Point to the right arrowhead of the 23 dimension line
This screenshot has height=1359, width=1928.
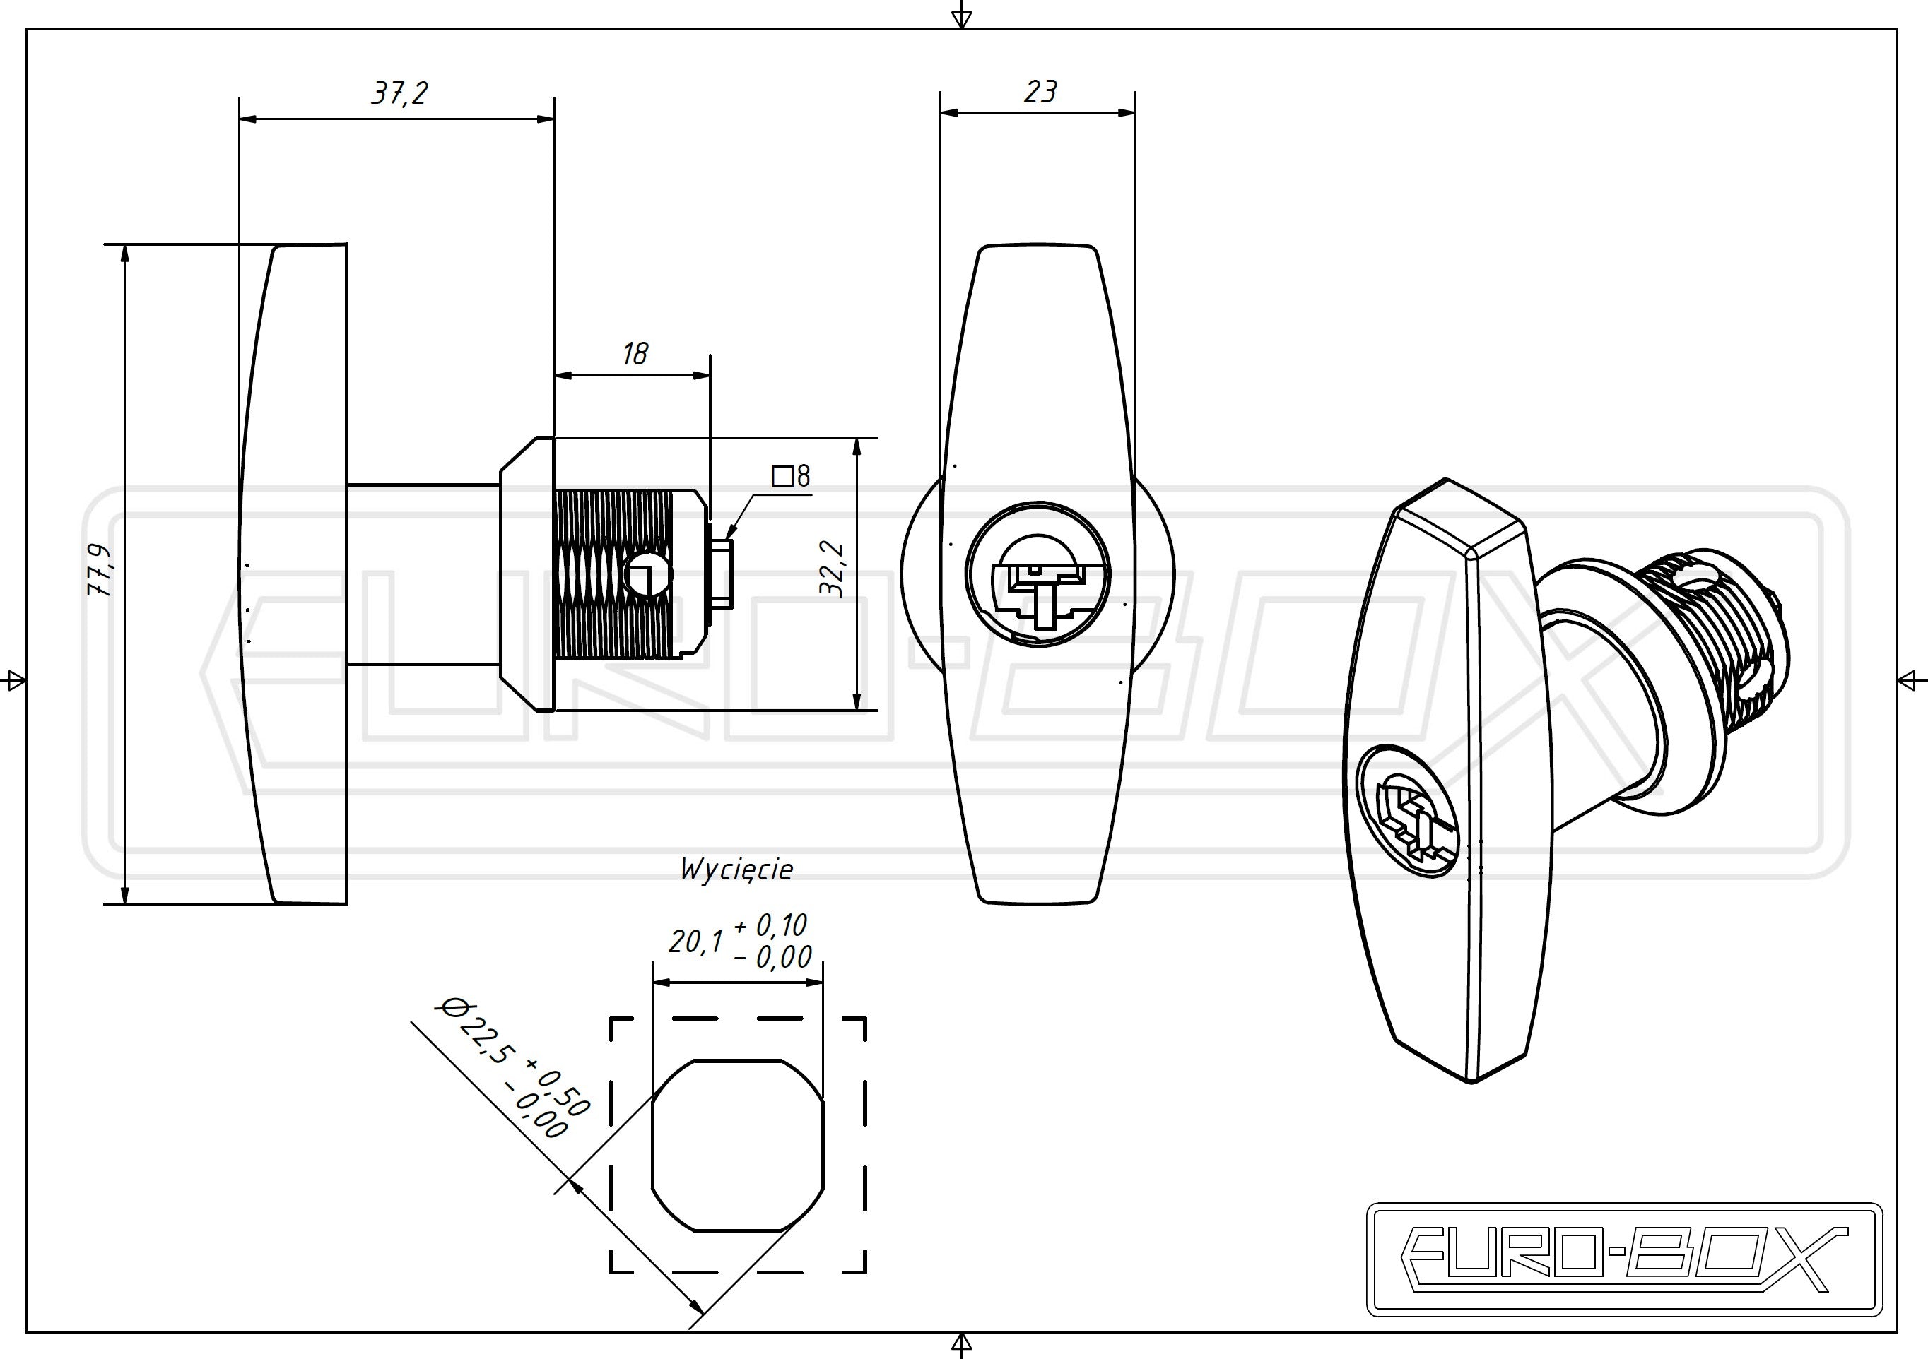[1128, 113]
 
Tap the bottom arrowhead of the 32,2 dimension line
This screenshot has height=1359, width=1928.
[857, 701]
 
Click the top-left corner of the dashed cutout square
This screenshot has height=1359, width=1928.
[611, 1019]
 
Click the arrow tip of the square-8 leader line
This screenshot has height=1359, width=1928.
[728, 536]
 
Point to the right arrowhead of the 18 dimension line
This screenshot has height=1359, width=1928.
[702, 376]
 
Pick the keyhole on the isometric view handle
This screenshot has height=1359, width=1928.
[1407, 812]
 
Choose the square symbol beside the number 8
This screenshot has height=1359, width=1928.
[782, 477]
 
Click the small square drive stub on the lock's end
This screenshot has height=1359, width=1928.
[723, 574]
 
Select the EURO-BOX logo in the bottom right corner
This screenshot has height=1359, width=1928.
[1625, 1259]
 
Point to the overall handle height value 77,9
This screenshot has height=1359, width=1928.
[100, 570]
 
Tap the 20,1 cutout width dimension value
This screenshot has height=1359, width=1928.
[695, 942]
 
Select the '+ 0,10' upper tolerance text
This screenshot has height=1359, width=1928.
[770, 925]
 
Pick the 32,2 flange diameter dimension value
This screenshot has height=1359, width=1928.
[831, 569]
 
